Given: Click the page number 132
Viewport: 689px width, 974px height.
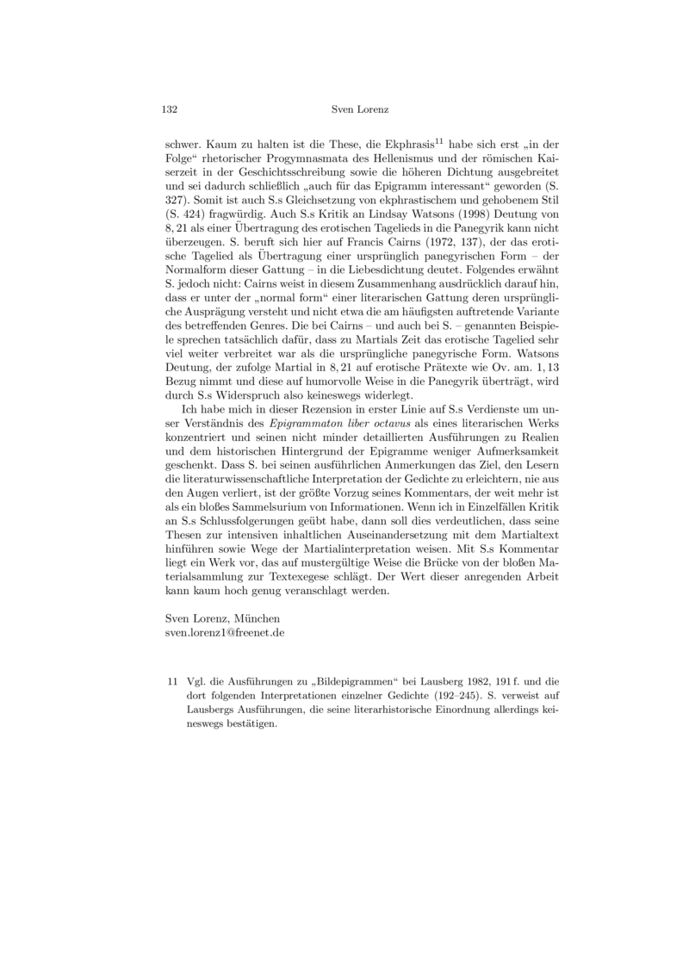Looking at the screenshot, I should click(x=170, y=109).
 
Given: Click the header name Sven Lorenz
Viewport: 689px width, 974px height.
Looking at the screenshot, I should click(x=360, y=109).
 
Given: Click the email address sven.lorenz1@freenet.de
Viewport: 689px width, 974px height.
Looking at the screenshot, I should click(x=225, y=632).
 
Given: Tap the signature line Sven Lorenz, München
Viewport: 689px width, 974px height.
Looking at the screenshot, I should click(x=221, y=618).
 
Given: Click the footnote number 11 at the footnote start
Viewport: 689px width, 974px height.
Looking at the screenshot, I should click(x=171, y=682).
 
